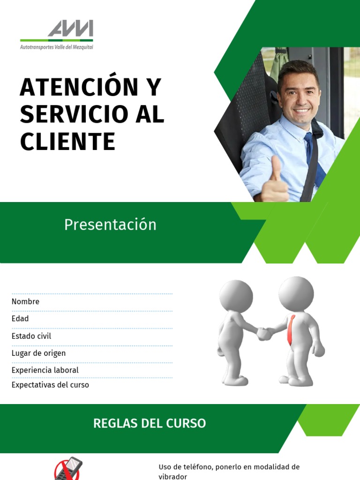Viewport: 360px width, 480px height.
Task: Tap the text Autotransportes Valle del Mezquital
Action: pos(56,47)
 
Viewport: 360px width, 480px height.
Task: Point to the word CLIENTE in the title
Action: pos(67,141)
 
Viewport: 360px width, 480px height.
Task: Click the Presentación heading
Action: pos(110,225)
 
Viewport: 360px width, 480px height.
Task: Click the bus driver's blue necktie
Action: pos(311,155)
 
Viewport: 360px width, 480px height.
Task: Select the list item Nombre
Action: pos(25,302)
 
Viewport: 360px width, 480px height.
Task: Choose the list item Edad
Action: pos(20,319)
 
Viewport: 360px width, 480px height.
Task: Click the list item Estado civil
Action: pos(31,336)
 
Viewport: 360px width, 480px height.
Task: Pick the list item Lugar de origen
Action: pos(38,353)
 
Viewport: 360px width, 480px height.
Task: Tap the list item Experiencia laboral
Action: pos(45,370)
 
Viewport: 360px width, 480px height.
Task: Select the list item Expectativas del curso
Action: pos(50,385)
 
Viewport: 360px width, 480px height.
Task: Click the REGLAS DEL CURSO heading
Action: pos(150,423)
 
